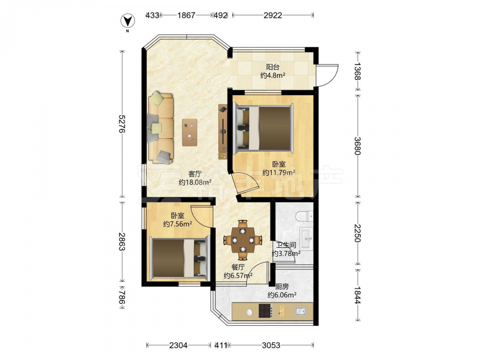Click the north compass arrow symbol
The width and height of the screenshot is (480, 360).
pos(128,22)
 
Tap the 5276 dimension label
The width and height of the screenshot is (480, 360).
pos(122,124)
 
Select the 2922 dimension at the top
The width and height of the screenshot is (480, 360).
pos(273,15)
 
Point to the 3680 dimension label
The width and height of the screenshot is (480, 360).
pos(358,146)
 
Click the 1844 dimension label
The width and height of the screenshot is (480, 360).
pos(358,295)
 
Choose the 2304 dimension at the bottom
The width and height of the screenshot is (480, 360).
pos(179,345)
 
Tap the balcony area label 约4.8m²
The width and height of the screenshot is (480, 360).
pos(273,75)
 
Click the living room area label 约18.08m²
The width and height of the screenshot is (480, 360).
pos(195,182)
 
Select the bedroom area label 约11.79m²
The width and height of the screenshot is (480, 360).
pos(279,173)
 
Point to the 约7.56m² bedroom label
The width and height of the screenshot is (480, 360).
pos(178,224)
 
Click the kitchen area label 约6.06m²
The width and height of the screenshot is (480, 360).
pos(282,295)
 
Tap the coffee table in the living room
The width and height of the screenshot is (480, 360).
pos(190,132)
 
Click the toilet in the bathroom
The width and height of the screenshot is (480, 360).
pos(305,216)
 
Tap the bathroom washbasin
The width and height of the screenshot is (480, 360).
pos(306,238)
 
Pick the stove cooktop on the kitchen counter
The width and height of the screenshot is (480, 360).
pos(266,311)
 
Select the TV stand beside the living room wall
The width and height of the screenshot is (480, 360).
pos(223,132)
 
